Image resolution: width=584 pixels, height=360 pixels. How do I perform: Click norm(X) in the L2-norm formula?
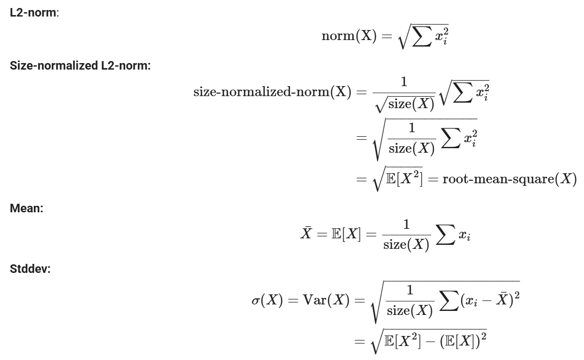click(349, 40)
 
